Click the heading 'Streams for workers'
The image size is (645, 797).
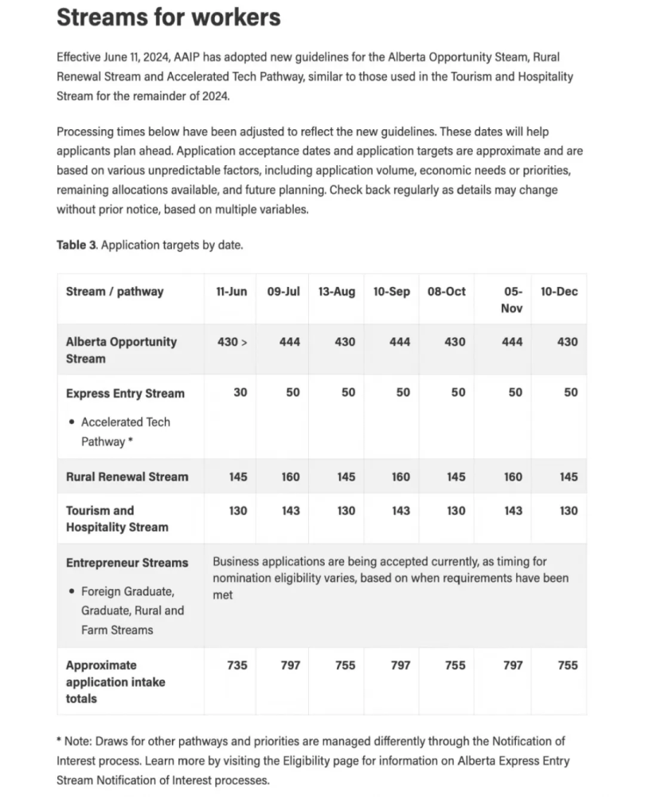[168, 18]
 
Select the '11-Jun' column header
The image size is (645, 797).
[231, 292]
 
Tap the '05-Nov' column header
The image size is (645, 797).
[512, 300]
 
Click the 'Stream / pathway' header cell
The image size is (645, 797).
[114, 292]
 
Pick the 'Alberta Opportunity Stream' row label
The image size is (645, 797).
[121, 350]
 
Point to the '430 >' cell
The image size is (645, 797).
[232, 342]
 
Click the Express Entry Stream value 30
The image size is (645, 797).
[240, 393]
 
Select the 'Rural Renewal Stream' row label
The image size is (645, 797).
[127, 477]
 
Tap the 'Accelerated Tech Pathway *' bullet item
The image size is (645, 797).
[125, 431]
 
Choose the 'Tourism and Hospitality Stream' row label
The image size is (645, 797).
[117, 519]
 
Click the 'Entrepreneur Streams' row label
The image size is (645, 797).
[127, 563]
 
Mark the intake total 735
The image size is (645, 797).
[237, 665]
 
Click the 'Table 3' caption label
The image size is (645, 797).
[76, 245]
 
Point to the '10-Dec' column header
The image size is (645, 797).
[559, 292]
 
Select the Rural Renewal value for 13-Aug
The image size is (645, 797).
[346, 477]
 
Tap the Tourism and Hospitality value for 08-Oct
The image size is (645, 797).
[455, 511]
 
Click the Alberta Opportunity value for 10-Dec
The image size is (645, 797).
[568, 342]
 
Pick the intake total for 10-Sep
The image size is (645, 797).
[401, 665]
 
